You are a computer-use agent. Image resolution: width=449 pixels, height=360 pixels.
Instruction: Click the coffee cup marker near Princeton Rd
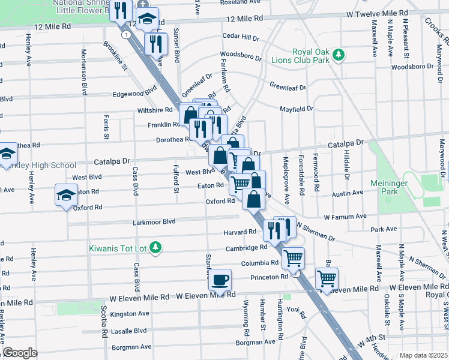coord(221,279)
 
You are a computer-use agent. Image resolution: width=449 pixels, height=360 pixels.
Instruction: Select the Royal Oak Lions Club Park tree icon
coord(339,55)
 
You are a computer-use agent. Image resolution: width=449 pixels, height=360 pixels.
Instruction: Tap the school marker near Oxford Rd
coord(66,194)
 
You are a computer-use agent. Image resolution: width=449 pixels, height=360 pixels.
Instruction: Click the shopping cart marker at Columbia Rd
coord(293,259)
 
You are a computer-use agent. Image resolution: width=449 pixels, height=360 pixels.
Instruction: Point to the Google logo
coord(20,353)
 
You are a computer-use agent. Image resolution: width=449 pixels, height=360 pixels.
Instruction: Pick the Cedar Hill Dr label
coord(241,37)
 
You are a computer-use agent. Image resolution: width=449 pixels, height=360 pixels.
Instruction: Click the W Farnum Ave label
coord(345,216)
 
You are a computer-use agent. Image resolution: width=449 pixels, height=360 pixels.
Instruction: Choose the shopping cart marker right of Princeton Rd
coord(327,278)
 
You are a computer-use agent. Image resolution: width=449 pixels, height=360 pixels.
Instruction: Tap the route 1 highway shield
coord(125,35)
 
